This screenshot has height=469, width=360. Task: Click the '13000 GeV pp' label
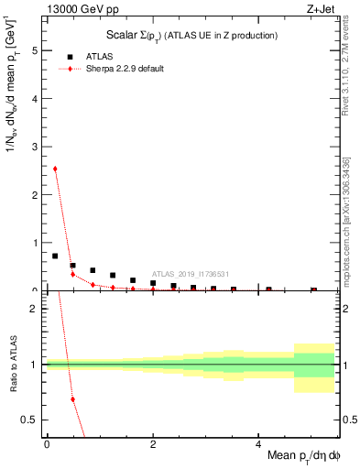pos(81,10)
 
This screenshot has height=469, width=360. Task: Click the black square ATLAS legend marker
pos(70,56)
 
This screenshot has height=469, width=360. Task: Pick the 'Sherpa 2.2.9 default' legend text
pos(125,69)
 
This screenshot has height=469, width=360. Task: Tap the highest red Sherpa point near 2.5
pos(55,169)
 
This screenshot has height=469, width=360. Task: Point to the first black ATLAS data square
pos(55,256)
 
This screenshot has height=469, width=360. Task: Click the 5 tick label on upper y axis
pos(36,51)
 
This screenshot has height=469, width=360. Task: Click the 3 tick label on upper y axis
pos(36,147)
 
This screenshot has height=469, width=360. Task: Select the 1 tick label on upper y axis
pos(36,243)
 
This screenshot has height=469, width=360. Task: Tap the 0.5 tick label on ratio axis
pos(31,420)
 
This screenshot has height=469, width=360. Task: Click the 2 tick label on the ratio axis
pos(36,309)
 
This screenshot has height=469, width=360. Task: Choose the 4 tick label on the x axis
pos(258,443)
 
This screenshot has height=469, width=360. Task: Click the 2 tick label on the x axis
pos(152,443)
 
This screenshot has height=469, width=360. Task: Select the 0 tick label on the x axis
pos(46,443)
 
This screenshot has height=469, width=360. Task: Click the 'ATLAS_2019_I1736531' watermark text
pos(190,273)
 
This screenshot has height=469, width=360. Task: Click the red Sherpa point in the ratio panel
pos(72,399)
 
